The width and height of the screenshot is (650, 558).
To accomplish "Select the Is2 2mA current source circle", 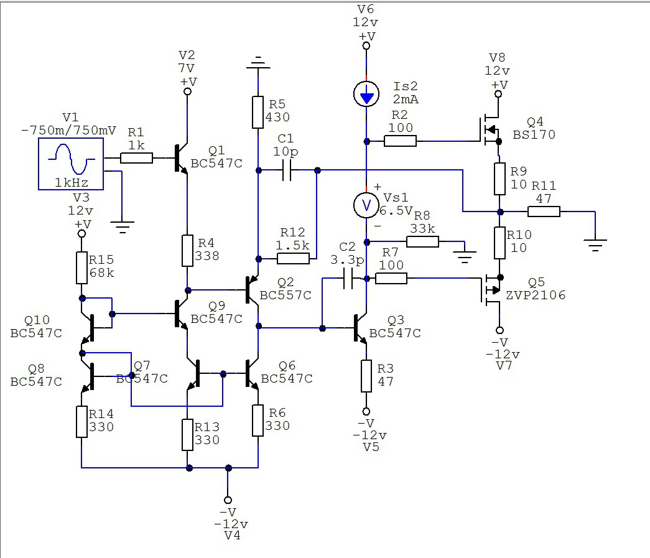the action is (366, 94).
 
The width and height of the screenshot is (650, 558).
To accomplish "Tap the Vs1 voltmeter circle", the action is (366, 205).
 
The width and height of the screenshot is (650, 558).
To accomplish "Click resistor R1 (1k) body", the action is (136, 158).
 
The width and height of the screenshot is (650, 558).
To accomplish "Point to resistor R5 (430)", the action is (258, 113).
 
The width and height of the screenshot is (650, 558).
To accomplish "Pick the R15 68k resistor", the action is (81, 268).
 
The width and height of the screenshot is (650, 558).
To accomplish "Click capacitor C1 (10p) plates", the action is (287, 170).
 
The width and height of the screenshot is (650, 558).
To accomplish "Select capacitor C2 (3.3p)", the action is (348, 278).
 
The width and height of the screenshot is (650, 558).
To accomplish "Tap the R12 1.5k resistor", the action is (293, 259).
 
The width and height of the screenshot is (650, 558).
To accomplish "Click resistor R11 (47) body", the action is (544, 212).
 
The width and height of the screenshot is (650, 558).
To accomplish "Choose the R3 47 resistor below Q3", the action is (366, 376).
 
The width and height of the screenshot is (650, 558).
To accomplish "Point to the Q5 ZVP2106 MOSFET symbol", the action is (490, 289).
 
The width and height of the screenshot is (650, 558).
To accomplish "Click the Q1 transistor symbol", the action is (181, 158).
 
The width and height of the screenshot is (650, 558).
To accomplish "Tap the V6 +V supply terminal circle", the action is (366, 45).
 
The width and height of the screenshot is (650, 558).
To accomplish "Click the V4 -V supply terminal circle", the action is (228, 500).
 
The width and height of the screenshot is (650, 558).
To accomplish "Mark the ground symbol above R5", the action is (258, 63).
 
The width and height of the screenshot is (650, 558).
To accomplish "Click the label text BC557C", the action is (286, 295).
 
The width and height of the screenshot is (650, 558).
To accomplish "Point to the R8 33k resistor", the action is (422, 242).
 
